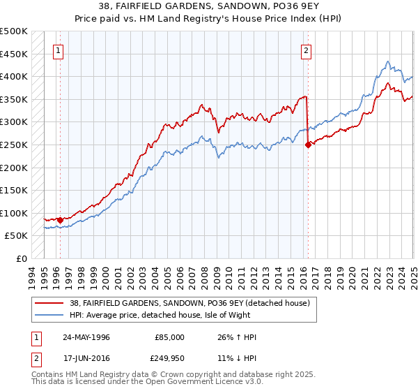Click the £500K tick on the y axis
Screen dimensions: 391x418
tap(14, 31)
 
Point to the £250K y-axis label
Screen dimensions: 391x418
tap(14, 145)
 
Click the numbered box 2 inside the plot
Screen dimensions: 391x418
tap(306, 50)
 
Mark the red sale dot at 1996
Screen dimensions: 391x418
tap(60, 220)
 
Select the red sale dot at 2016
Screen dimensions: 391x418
tap(308, 145)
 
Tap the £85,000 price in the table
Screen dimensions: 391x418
tap(170, 337)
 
